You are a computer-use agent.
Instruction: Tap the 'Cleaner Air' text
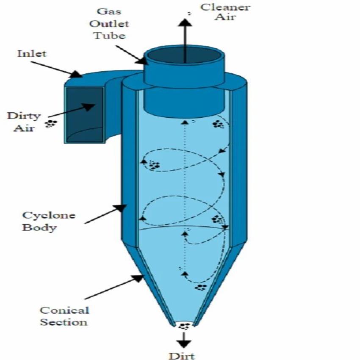225,12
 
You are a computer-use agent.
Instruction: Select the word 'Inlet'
32,54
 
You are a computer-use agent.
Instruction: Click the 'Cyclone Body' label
42,221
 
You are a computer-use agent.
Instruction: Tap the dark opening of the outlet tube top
184,57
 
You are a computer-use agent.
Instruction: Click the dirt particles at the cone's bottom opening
184,326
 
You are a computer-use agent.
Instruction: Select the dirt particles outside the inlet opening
51,124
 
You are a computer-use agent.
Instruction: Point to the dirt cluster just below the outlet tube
218,124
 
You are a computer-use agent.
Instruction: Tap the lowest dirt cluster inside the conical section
200,288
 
